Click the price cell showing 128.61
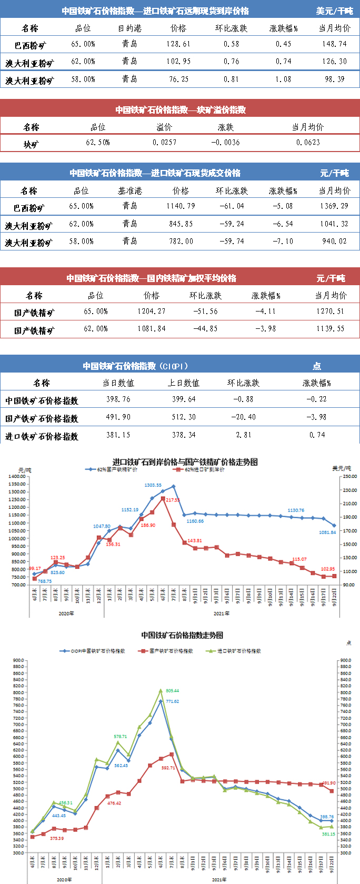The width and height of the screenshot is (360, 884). [178, 44]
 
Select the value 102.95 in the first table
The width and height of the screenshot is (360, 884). [178, 62]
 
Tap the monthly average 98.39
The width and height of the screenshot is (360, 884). [334, 79]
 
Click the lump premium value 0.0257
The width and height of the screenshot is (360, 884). [164, 143]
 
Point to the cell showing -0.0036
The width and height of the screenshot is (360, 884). [225, 143]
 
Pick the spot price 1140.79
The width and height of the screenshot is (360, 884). [181, 206]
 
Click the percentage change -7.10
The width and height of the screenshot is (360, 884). [283, 242]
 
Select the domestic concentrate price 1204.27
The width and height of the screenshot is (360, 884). [152, 312]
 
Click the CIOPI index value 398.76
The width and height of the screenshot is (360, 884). [118, 399]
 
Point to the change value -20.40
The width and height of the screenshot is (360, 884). [243, 417]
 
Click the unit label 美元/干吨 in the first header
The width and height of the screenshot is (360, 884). [334, 11]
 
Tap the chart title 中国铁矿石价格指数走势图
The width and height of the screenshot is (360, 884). [182, 635]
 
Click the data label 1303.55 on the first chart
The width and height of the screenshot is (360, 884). [153, 485]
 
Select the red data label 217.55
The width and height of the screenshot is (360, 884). [172, 500]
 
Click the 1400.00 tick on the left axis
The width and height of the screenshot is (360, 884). [17, 476]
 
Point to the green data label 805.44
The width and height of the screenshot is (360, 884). [172, 690]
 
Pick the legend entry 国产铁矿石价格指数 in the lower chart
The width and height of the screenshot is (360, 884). [171, 651]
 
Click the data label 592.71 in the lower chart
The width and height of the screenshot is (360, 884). [168, 768]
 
